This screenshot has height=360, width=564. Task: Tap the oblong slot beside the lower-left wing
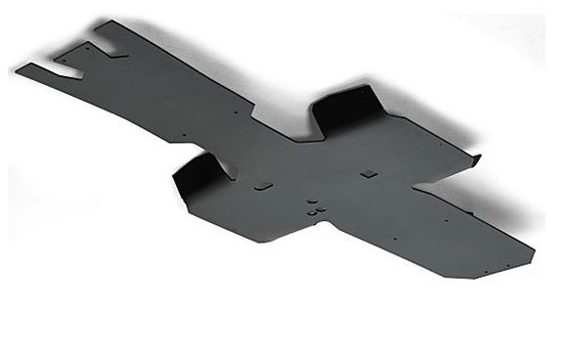pyautogui.click(x=263, y=185)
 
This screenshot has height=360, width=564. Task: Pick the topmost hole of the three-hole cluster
pyautogui.click(x=314, y=201)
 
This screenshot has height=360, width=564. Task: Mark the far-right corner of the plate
pyautogui.click(x=534, y=248)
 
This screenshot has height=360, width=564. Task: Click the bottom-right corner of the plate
pyautogui.click(x=476, y=277)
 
